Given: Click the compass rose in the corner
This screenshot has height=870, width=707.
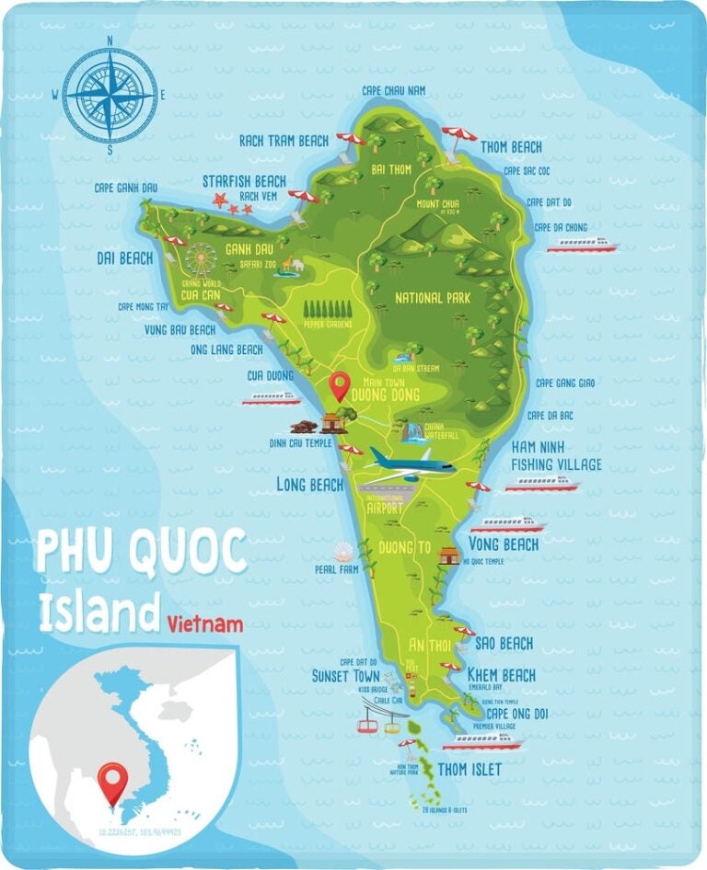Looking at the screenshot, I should (x=110, y=94).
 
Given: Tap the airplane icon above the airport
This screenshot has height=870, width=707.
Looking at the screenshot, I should (x=411, y=461).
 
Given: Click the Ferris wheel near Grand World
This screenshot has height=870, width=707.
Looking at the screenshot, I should (x=200, y=258).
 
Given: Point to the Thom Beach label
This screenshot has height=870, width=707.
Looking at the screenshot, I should (x=512, y=147).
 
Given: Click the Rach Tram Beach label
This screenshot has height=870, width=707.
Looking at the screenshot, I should (x=284, y=141).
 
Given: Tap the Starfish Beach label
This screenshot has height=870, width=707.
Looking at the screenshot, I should (x=244, y=181).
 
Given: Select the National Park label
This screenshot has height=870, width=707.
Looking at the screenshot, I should (x=432, y=298).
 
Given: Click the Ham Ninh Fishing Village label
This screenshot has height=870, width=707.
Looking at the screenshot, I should (x=556, y=455).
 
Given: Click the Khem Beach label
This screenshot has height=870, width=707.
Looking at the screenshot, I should (x=501, y=675).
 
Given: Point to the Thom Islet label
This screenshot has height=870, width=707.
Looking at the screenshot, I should (x=469, y=769).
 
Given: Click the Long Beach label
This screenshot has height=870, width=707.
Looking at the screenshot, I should (x=309, y=484).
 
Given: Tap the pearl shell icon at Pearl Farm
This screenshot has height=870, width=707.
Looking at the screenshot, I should (x=343, y=552).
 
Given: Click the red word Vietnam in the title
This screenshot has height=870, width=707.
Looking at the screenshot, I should (x=206, y=624).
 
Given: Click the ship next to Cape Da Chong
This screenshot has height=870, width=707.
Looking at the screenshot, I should (x=582, y=245).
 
